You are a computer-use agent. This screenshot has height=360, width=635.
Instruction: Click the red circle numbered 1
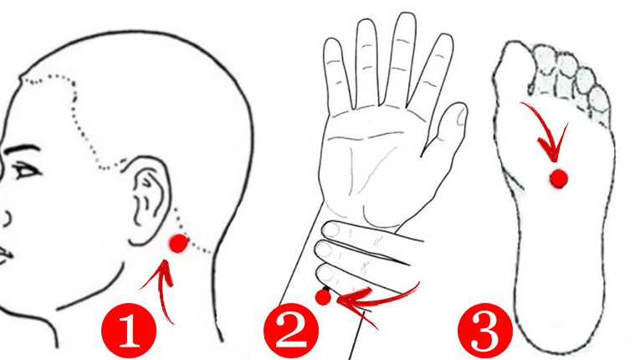click(129, 331)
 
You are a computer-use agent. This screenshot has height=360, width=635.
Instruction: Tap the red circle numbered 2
click(291, 331)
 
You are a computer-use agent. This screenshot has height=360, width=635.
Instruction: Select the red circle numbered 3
click(485, 331)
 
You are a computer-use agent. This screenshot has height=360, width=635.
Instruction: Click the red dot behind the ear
click(178, 244)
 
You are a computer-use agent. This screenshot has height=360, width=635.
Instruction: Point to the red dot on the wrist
click(323, 297)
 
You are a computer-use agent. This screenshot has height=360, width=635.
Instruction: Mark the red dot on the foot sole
click(559, 178)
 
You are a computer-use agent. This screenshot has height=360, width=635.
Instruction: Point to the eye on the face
click(26, 170)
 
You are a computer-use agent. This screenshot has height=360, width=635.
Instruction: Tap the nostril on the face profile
click(7, 219)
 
